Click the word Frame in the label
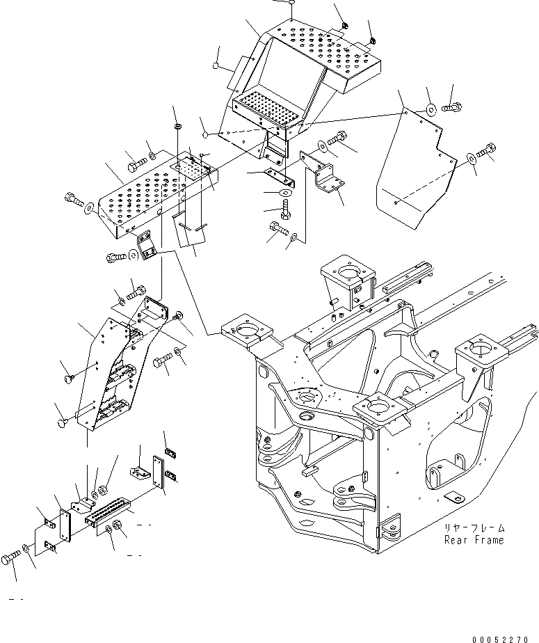[488, 540]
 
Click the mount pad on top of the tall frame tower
[344, 268]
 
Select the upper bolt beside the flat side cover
[453, 107]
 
